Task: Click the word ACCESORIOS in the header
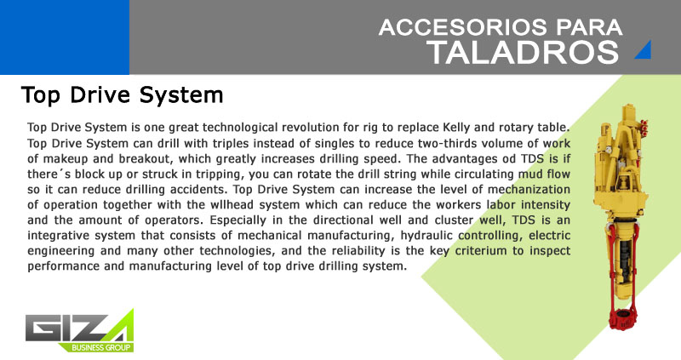coord(463,27)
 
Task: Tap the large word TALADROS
coord(523,53)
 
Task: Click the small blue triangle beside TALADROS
coord(644,49)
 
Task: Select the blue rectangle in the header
coord(65,37)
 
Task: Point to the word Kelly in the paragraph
coord(456,129)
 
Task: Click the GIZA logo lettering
coord(79,328)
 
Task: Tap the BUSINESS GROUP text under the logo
coord(100,347)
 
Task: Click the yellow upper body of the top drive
coord(619,165)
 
